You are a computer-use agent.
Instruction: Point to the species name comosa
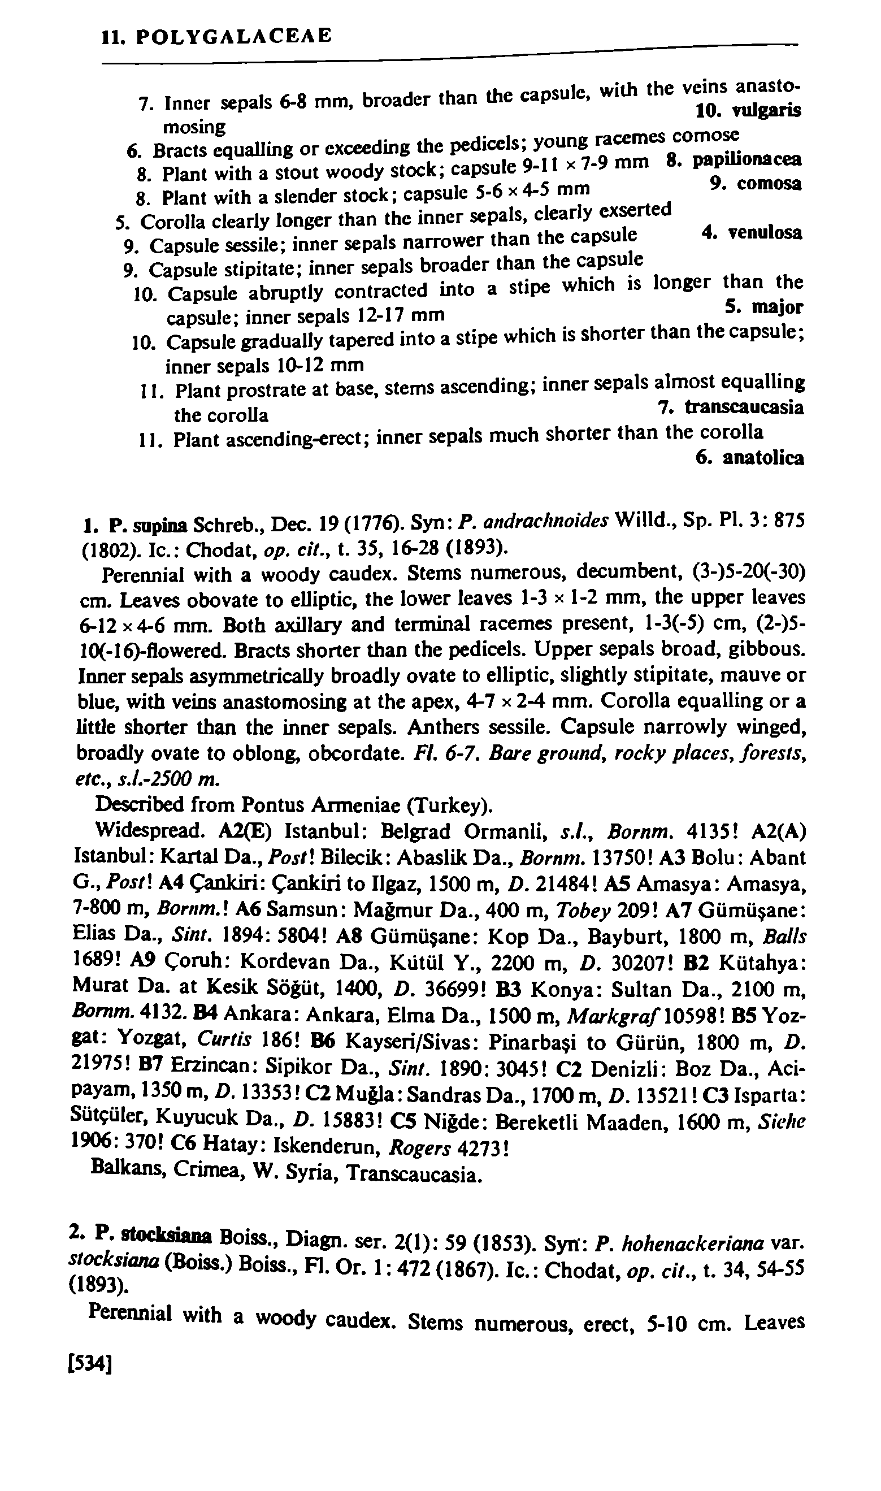click(x=769, y=184)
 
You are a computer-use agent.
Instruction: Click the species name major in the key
click(x=777, y=307)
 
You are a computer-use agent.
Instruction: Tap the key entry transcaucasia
click(x=744, y=408)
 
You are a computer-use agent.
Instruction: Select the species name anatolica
click(x=764, y=458)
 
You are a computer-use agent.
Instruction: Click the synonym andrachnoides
click(x=545, y=521)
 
